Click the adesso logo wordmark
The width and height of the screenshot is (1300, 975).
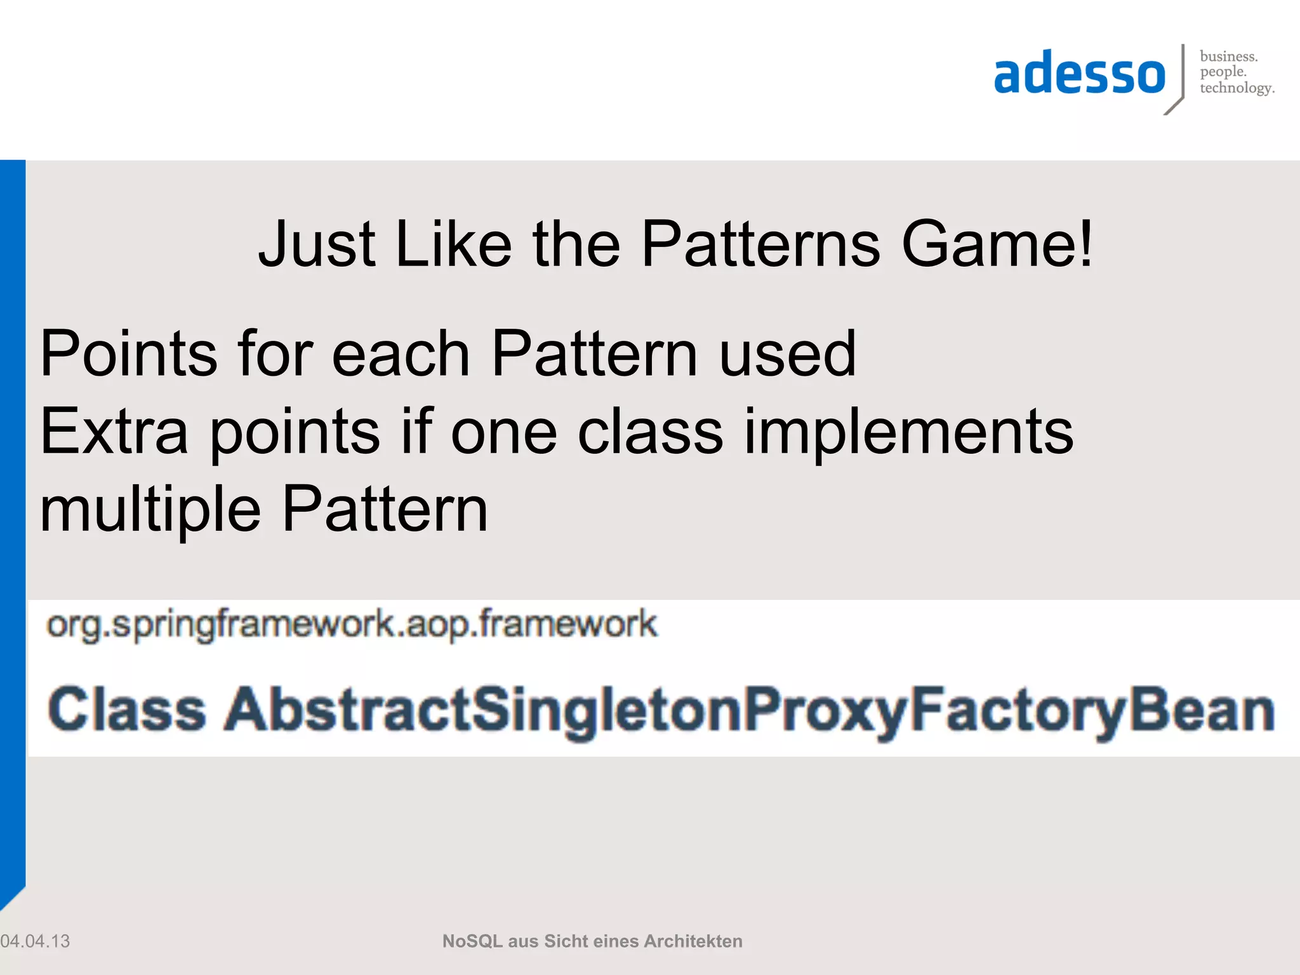pyautogui.click(x=1079, y=74)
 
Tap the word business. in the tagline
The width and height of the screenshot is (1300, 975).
pyautogui.click(x=1228, y=56)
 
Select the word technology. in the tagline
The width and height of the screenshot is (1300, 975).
pyautogui.click(x=1237, y=88)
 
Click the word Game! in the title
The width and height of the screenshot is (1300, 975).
pyautogui.click(x=997, y=244)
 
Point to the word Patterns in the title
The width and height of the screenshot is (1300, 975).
pyautogui.click(x=760, y=244)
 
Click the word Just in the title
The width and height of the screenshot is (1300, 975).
pyautogui.click(x=317, y=244)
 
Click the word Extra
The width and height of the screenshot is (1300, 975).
pyautogui.click(x=114, y=432)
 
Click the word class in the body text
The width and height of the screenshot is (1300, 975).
pyautogui.click(x=650, y=432)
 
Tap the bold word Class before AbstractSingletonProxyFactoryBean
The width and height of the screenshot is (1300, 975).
pyautogui.click(x=127, y=710)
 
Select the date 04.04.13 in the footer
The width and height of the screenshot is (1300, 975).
pyautogui.click(x=36, y=941)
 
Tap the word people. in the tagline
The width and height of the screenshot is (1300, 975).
pyautogui.click(x=1223, y=72)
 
